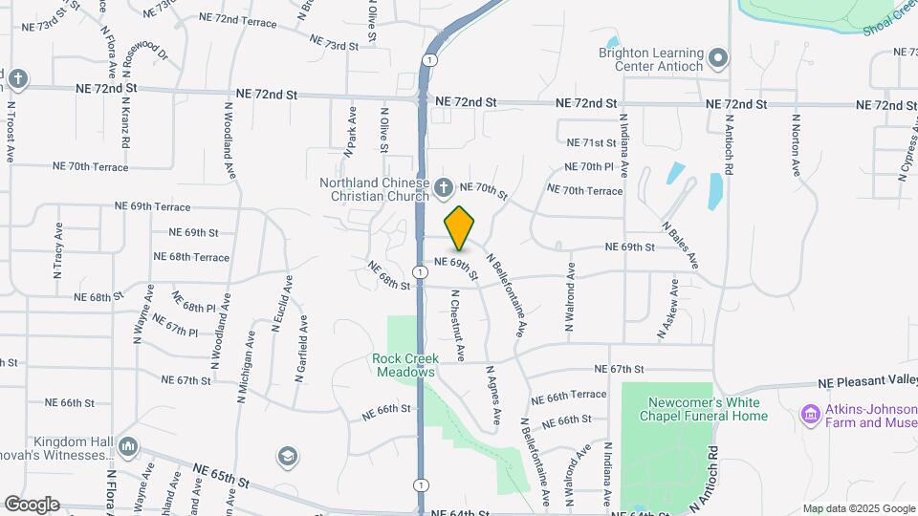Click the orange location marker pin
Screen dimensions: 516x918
[x=460, y=227]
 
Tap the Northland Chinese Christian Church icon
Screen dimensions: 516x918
[x=443, y=188]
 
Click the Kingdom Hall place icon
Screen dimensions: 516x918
[x=128, y=447]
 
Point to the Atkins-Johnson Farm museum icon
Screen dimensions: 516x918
[x=810, y=415]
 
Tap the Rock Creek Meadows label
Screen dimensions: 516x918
[x=404, y=365]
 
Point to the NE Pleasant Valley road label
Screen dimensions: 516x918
[x=866, y=381]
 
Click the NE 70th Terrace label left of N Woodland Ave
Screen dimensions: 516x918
[x=90, y=165]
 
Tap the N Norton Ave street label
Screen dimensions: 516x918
[x=795, y=145]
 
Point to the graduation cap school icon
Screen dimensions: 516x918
[x=286, y=456]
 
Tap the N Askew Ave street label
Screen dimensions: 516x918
[x=667, y=309]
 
